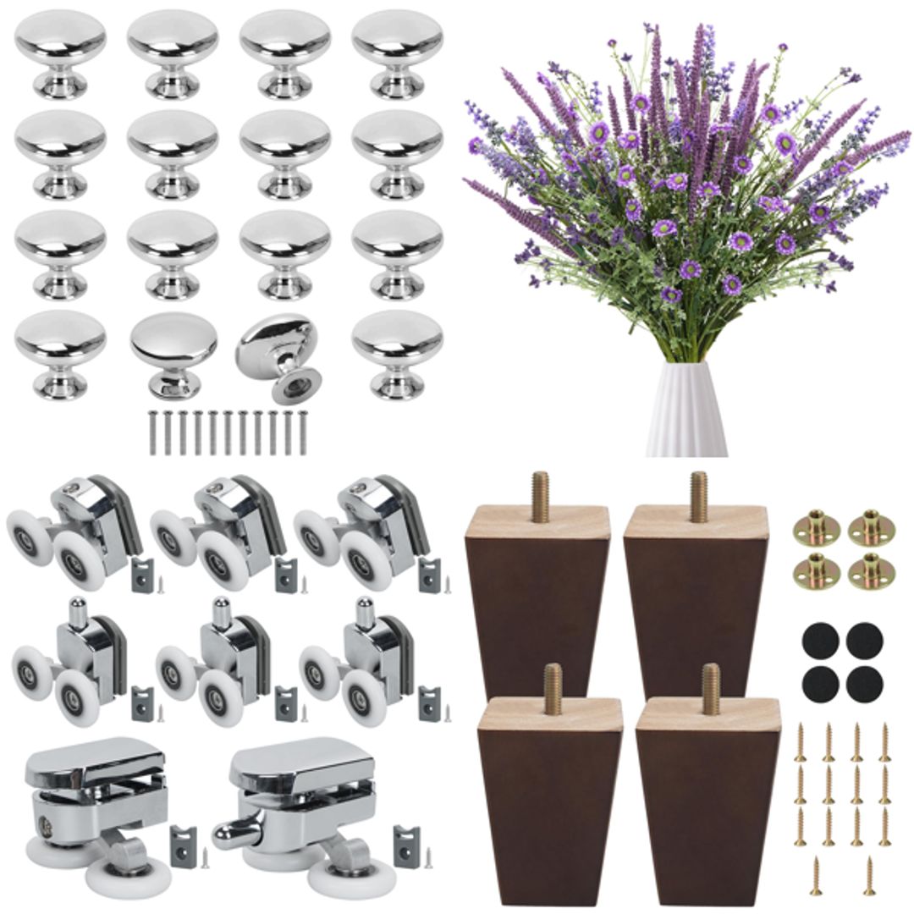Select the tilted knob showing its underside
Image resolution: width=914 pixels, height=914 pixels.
(277, 355)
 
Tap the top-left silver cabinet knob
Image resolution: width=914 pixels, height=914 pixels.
(60, 52)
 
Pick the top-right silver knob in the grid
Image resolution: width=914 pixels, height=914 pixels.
(397, 52)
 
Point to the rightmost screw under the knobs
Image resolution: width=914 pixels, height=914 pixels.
(303, 432)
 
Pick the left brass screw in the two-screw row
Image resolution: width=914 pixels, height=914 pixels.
(816, 875)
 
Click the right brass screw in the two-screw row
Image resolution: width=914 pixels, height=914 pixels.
(869, 875)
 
